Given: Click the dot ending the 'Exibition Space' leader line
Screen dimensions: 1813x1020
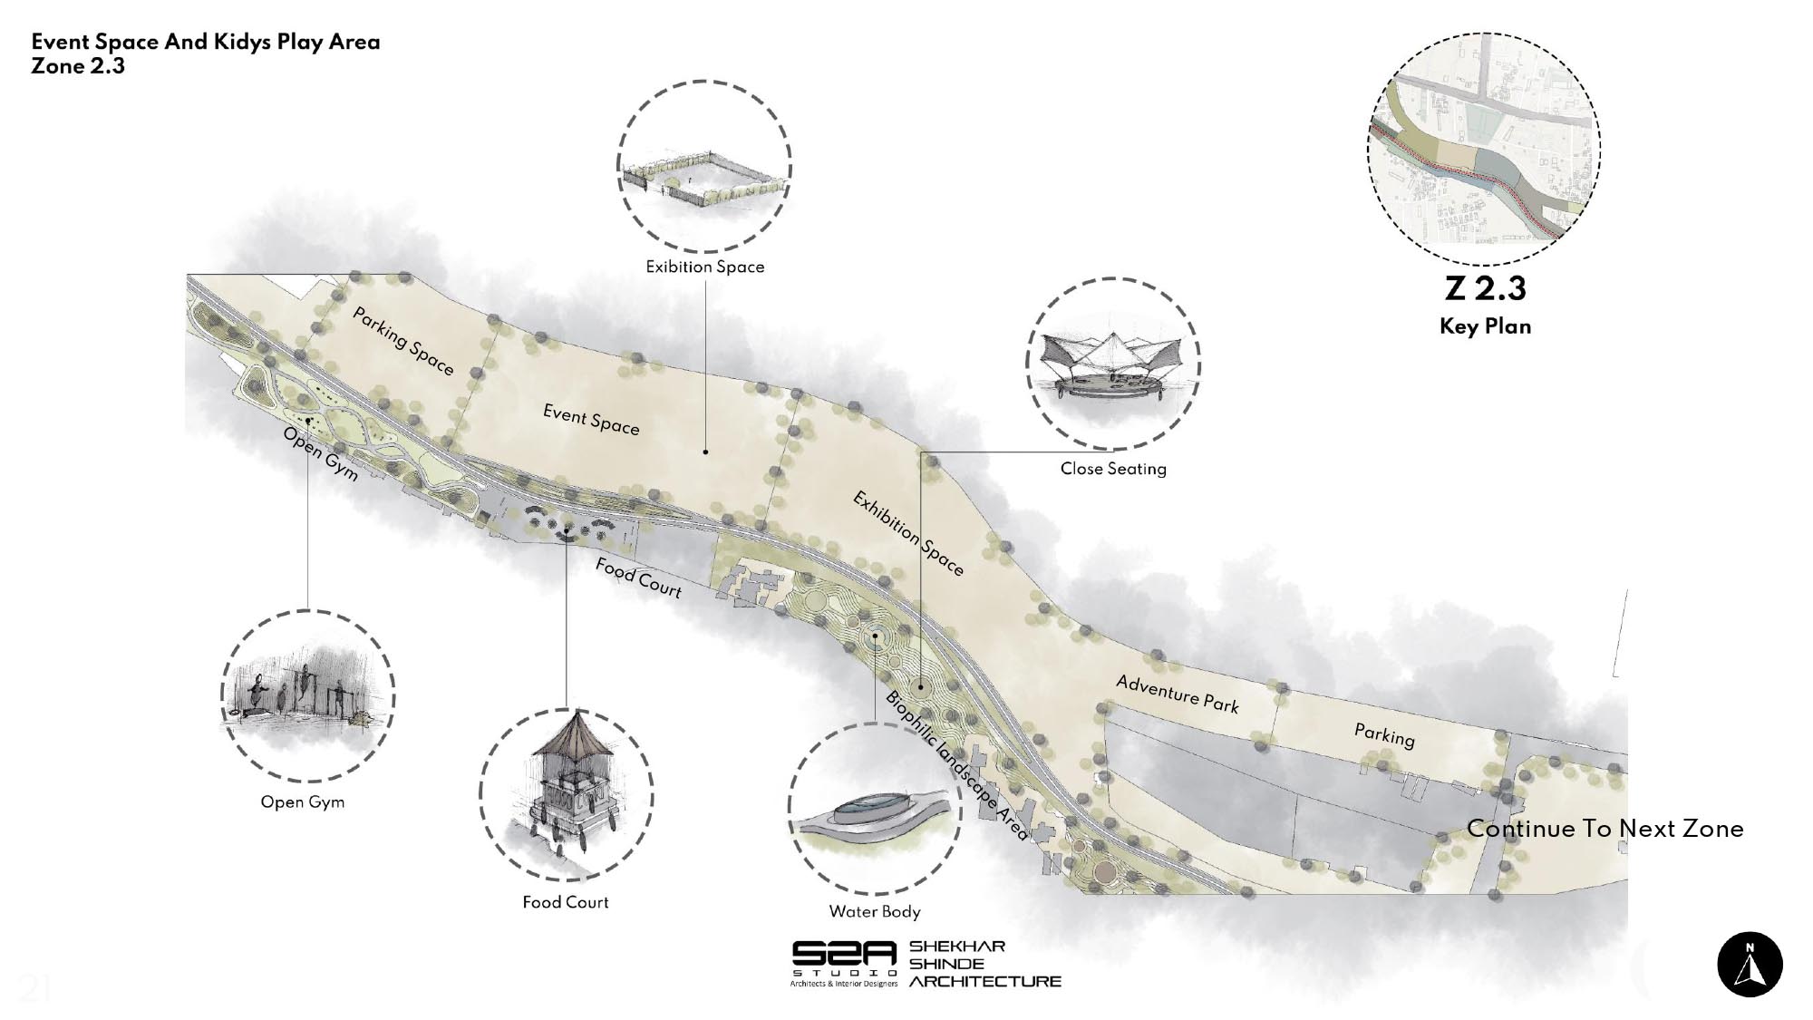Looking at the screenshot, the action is pos(705,451).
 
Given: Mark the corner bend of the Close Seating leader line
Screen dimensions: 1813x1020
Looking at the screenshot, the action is pos(920,452).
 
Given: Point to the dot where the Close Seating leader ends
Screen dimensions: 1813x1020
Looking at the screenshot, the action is pos(919,686).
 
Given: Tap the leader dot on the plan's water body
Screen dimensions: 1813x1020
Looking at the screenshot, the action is pos(875,636).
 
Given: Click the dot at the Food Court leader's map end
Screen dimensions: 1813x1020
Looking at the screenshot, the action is pos(567,531).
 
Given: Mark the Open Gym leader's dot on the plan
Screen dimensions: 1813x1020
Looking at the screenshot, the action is pos(308,421).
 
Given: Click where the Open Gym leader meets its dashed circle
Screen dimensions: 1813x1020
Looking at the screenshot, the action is pos(308,610).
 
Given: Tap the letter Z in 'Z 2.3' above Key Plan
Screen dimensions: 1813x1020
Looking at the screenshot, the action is pos(1455,288).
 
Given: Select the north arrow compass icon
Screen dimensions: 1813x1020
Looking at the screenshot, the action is pos(1750,964).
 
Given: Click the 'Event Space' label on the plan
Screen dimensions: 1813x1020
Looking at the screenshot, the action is pos(591,419).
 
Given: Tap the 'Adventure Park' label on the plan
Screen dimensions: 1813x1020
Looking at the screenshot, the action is pos(1177,694).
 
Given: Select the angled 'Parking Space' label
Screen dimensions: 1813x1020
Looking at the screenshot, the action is pos(402,341).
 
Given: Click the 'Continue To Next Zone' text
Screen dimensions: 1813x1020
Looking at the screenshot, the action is pos(1605,828).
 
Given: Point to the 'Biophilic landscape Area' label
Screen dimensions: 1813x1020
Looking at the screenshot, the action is pos(956,765).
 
